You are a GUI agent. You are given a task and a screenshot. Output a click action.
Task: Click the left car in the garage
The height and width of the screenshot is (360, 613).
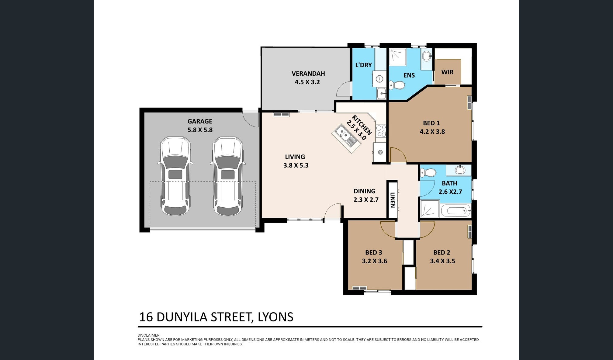point(175,176)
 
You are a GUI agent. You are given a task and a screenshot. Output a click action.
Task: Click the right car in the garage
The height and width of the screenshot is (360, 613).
point(228,176)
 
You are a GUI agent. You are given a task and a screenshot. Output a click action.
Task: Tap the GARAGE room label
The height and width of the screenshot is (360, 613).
point(200,121)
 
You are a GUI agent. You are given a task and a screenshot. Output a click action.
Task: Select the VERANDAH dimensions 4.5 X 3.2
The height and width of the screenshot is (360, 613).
point(307,82)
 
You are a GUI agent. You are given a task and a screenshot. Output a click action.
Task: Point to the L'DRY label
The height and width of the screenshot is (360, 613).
point(364,65)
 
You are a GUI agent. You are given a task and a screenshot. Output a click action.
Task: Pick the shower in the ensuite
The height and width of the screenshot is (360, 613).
point(398,57)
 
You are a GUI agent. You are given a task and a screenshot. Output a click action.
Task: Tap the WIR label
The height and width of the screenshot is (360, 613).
point(447,72)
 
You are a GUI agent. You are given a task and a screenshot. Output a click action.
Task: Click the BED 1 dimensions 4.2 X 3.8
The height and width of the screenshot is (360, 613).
point(432,132)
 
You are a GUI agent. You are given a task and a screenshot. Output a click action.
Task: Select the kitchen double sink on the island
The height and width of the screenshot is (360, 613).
point(346,138)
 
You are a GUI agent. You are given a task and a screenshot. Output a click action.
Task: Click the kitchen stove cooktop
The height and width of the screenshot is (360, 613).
point(381,131)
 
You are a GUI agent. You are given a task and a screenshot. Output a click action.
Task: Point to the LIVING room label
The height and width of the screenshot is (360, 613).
point(295,157)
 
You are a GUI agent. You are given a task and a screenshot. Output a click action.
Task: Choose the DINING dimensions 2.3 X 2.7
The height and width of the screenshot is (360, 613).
point(366,200)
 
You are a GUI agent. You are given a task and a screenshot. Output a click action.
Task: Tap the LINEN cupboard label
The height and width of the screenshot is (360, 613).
point(393,200)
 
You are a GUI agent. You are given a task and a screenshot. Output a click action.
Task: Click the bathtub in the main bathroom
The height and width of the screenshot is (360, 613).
point(456,210)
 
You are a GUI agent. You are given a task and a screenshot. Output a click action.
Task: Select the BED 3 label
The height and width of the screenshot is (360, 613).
point(374,253)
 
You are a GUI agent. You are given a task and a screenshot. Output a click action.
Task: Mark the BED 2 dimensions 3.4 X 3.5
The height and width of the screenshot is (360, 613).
point(442,261)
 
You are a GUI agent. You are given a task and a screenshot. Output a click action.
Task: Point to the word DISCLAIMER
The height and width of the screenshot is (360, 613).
point(148,335)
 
